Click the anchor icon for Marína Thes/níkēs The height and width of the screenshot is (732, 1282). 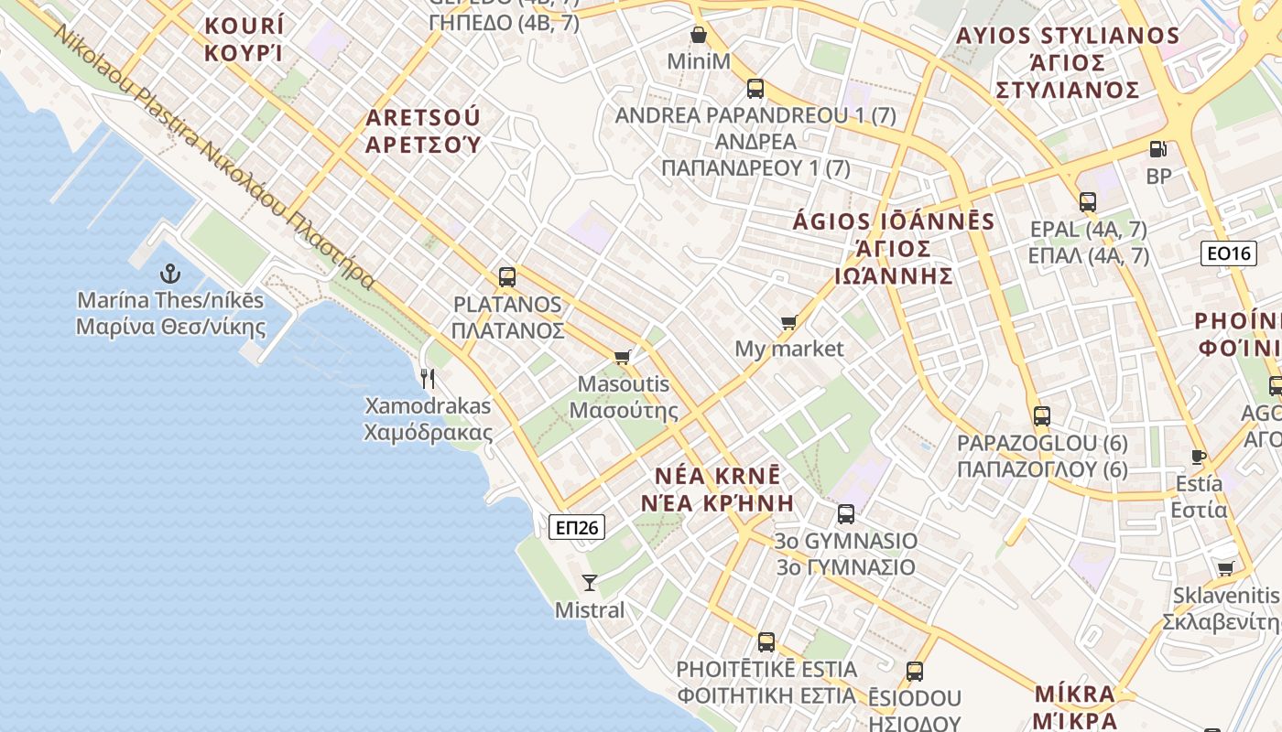point(170,274)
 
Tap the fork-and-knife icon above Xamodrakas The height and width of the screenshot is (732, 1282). point(428,378)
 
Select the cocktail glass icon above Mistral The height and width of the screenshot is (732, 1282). point(590,582)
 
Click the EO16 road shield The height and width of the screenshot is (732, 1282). point(1229,253)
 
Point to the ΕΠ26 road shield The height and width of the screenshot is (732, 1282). point(577,527)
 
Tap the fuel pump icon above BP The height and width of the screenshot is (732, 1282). point(1158,149)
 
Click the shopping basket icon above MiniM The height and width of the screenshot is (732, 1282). point(699,36)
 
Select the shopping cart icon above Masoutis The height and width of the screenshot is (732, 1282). point(623,357)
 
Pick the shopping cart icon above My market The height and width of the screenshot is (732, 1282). point(788,322)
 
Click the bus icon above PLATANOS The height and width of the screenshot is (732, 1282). point(506,276)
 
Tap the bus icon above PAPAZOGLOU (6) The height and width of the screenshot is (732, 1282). point(1041,416)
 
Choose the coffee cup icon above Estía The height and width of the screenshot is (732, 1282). point(1198,457)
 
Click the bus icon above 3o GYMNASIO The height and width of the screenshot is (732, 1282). point(845,513)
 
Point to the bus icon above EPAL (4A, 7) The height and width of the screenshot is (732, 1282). point(1088,202)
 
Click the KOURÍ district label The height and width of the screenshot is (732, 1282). point(244,38)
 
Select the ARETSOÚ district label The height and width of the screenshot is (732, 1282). point(423,131)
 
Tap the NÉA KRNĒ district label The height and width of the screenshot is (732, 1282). point(718,490)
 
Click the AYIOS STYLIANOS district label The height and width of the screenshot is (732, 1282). point(1068,62)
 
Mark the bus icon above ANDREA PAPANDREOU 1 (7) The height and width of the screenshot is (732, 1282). point(755,89)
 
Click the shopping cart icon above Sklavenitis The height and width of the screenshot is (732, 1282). point(1225,568)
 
